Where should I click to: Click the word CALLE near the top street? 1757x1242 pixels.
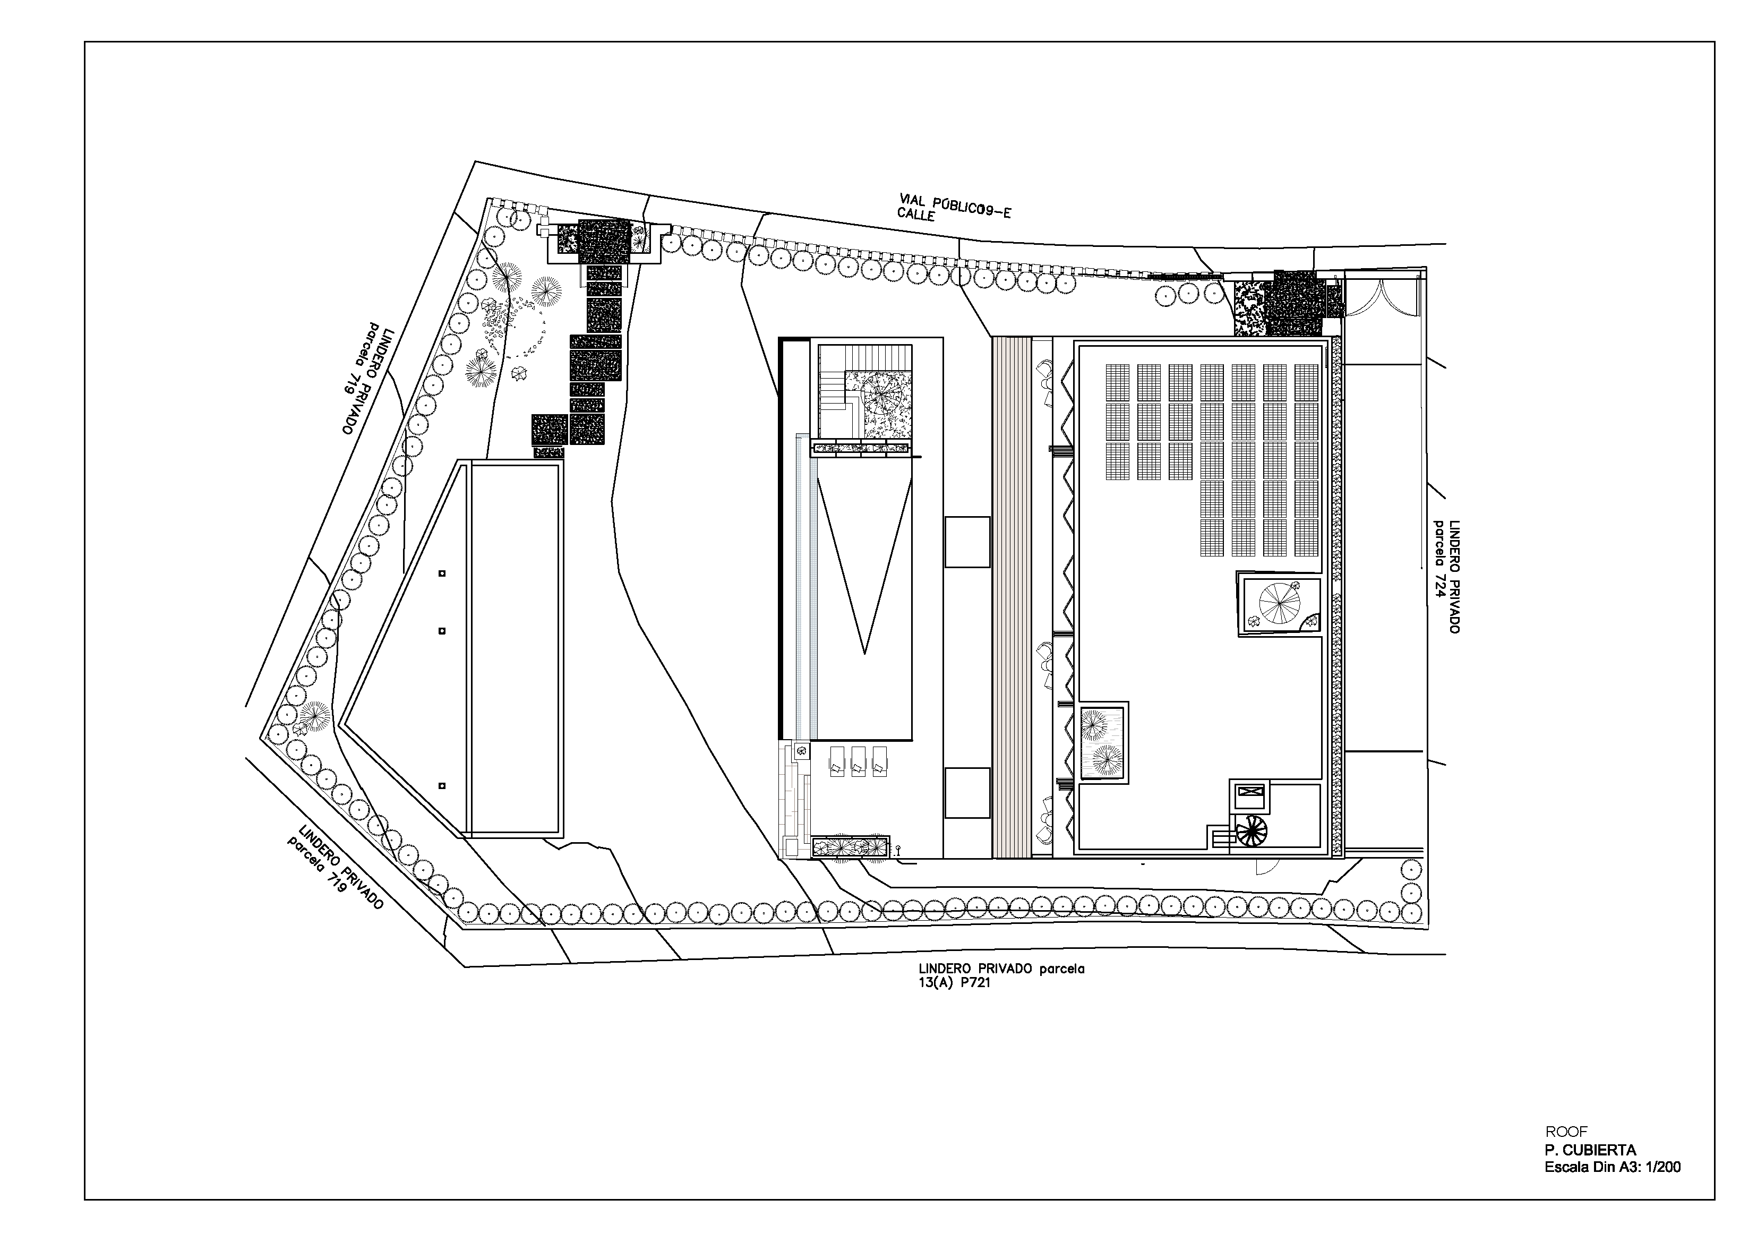pyautogui.click(x=916, y=215)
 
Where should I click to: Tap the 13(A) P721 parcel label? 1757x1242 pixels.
pyautogui.click(x=955, y=983)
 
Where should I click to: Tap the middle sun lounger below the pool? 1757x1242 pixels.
pyautogui.click(x=858, y=762)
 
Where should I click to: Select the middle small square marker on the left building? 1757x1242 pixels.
pyautogui.click(x=442, y=631)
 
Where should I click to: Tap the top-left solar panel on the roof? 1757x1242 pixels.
pyautogui.click(x=1117, y=380)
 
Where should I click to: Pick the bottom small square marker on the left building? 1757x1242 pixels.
pyautogui.click(x=442, y=786)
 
